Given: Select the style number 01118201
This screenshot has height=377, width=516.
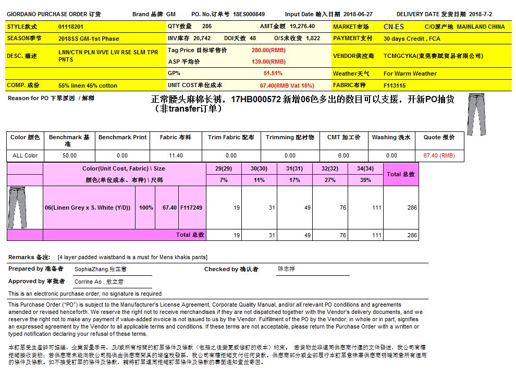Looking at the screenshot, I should [x=71, y=27].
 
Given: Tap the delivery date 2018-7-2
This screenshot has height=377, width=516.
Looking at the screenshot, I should [x=480, y=15].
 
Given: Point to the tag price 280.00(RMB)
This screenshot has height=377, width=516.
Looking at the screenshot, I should [x=268, y=51].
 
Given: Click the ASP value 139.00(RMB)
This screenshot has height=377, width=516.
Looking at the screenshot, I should [x=268, y=62].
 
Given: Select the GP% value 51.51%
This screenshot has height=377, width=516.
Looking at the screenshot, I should [x=273, y=74].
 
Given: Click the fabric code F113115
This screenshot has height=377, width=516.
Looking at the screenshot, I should [x=395, y=86].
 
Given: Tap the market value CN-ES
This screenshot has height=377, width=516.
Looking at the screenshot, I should [x=394, y=27].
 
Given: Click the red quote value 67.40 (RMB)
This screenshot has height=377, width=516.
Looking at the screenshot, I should [x=439, y=155].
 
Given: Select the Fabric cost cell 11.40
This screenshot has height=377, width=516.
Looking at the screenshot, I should [x=176, y=155].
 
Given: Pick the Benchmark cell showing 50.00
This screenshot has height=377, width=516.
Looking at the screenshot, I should [x=69, y=155].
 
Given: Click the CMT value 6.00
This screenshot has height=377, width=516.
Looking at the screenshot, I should [x=343, y=155].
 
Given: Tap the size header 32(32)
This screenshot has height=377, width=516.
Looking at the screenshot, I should [x=329, y=169].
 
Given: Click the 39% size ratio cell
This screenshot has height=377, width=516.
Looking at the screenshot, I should [x=365, y=180].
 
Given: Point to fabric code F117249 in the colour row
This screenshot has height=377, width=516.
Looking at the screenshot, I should [x=191, y=208].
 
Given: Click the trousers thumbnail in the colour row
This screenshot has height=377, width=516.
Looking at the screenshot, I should [x=17, y=208].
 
